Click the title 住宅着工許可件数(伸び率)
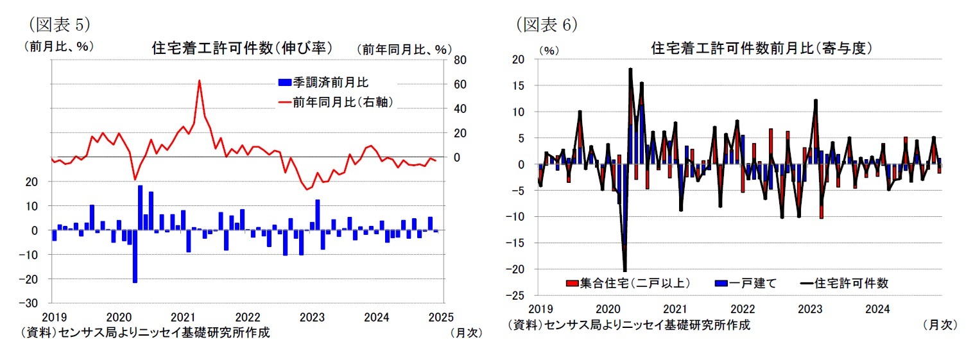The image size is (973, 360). pyautogui.click(x=241, y=48)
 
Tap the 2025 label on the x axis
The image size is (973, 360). pyautogui.click(x=442, y=316)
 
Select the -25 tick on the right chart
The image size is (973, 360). pyautogui.click(x=516, y=296)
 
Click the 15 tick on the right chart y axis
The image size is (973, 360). pyautogui.click(x=519, y=85)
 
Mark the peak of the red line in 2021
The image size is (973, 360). pyautogui.click(x=199, y=81)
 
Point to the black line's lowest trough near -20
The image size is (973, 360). pyautogui.click(x=624, y=270)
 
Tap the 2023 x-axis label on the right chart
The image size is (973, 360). pyautogui.click(x=810, y=309)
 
